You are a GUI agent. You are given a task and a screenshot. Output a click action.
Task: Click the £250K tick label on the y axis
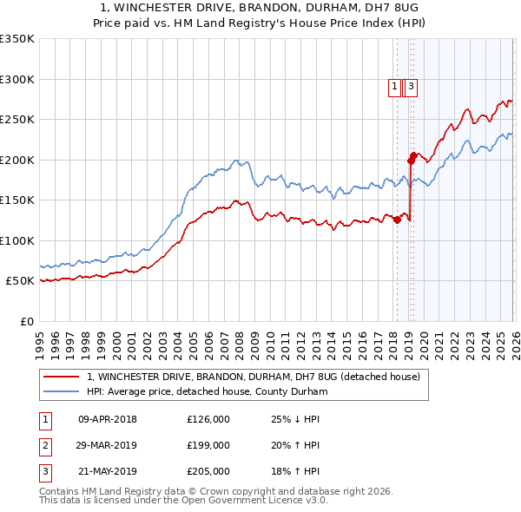click(16, 119)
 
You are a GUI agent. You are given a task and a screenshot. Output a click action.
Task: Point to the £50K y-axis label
click(19, 281)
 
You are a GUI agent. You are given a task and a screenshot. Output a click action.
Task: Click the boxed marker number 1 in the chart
click(394, 86)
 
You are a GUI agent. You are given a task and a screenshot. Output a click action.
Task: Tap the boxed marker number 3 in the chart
click(410, 86)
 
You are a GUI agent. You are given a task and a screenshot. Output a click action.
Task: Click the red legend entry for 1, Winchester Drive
click(254, 377)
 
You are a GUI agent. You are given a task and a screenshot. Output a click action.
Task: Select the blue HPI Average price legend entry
click(206, 392)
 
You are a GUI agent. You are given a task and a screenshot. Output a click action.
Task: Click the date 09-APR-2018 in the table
click(108, 419)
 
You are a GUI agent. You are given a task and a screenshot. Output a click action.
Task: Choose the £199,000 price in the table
click(208, 445)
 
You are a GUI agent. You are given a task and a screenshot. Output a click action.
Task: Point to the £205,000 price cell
click(208, 472)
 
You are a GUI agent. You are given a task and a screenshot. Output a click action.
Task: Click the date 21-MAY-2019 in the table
click(108, 472)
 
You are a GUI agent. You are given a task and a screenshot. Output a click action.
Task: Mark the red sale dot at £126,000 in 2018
click(397, 220)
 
